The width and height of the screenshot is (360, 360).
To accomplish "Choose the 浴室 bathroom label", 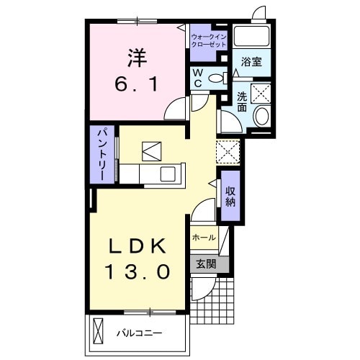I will pos(251,63).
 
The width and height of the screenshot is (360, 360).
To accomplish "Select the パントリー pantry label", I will pos(102,154).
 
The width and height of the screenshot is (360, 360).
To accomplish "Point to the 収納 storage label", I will pos(230,196).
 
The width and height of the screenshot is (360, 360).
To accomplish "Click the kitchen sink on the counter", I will pos(168,174).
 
